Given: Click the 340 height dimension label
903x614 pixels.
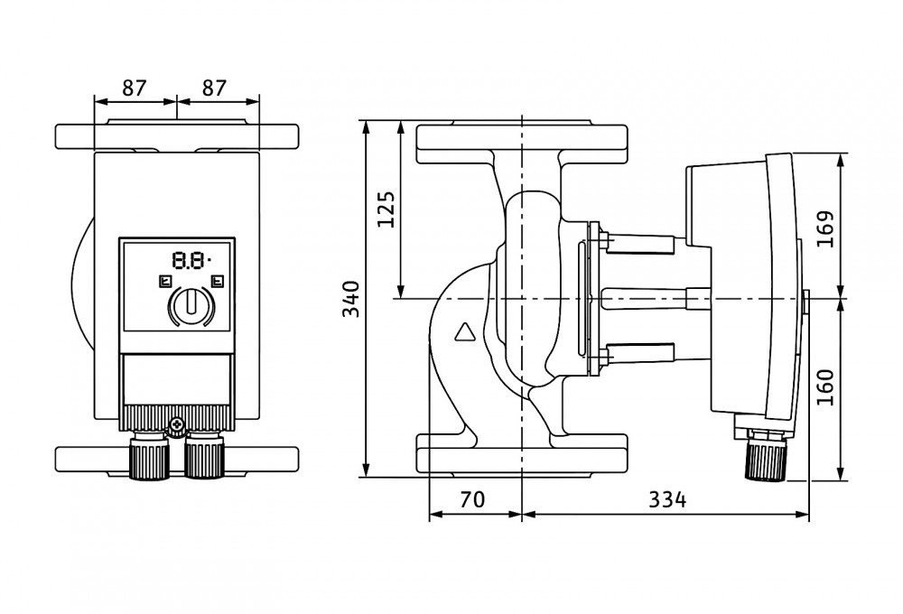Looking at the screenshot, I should [352, 298].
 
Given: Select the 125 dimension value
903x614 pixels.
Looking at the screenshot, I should [386, 209].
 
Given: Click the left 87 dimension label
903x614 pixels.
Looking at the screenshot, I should [134, 88].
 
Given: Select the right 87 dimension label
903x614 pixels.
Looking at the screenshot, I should [213, 88].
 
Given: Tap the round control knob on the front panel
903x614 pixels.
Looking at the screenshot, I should [190, 305].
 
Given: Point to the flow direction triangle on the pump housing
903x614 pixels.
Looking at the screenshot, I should [465, 332].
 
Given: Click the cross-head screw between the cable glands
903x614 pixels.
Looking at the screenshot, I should [177, 423].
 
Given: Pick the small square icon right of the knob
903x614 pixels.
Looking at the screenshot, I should [216, 281].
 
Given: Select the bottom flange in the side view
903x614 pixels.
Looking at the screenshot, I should [522, 453].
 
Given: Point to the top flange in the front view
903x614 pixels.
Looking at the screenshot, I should [177, 136].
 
